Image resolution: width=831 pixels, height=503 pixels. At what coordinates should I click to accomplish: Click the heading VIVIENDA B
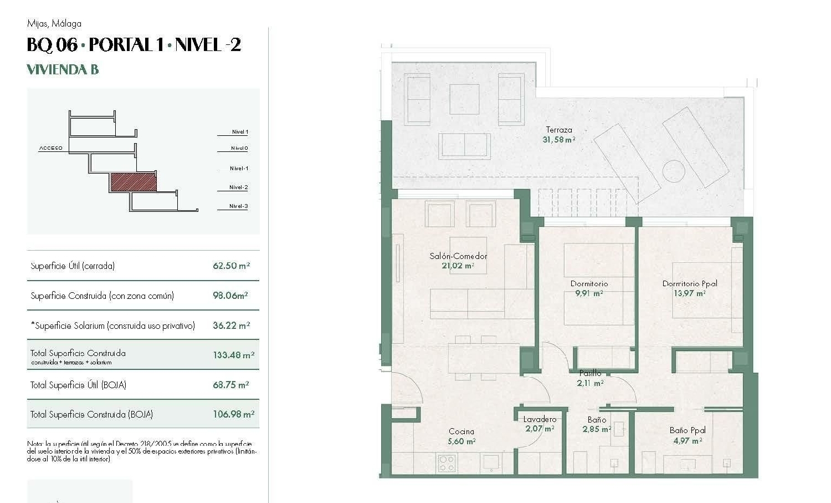click(63, 69)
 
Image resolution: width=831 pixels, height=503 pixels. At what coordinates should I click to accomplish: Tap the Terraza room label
click(558, 130)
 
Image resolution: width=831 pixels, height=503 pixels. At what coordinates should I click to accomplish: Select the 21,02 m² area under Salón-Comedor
click(458, 266)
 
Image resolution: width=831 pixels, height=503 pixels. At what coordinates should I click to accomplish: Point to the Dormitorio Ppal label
click(690, 283)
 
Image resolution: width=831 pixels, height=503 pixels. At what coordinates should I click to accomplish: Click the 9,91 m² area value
click(589, 293)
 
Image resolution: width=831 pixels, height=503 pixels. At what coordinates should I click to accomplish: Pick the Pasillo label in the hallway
click(590, 373)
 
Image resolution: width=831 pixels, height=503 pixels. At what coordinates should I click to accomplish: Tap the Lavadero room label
click(540, 419)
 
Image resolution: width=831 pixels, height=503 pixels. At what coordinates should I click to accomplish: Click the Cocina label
click(461, 431)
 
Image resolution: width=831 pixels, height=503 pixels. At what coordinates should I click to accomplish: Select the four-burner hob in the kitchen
click(447, 463)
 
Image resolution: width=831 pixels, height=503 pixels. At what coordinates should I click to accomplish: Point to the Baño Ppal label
click(688, 430)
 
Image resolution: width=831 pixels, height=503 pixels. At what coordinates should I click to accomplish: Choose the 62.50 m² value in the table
click(231, 266)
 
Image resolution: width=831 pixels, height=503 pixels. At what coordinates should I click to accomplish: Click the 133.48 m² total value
click(233, 355)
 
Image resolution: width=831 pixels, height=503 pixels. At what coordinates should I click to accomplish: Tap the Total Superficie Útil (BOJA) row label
click(78, 385)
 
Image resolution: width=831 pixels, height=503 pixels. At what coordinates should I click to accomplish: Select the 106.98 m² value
click(233, 414)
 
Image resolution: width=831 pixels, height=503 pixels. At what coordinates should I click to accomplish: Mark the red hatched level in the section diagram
click(133, 182)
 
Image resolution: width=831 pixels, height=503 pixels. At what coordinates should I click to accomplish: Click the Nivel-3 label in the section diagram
click(238, 206)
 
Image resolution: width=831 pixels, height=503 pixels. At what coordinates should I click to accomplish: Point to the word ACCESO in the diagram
click(51, 148)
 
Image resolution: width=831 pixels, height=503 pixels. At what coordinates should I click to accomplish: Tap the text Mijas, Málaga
click(54, 23)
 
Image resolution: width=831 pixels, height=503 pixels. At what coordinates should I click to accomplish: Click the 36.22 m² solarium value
click(231, 326)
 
